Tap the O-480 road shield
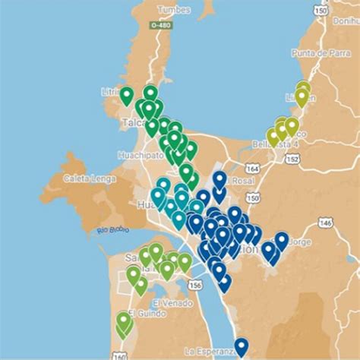[x=159, y=25]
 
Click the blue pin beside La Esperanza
[x=241, y=346]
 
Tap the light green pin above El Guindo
[x=124, y=322]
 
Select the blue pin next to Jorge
[x=282, y=240]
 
